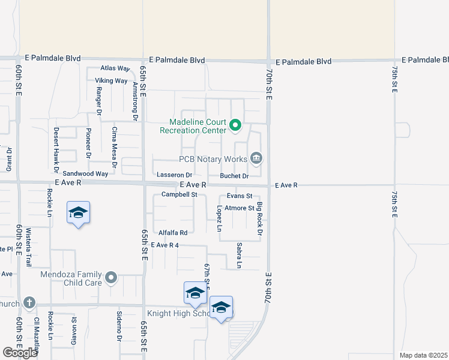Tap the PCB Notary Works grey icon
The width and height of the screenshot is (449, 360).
pos(256,158)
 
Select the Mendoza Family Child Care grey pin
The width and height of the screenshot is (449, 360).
pos(110,277)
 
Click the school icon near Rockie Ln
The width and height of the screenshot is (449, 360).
pos(78,213)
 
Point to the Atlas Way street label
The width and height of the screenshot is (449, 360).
pos(116,68)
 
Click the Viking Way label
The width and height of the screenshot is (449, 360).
pos(111,80)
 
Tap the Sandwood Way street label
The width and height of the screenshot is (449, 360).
pos(89,173)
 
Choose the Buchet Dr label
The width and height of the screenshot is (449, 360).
pos(234,176)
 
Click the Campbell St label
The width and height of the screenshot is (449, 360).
pos(179,194)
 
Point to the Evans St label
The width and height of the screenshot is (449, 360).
pos(239,196)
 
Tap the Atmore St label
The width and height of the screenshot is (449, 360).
pos(239,208)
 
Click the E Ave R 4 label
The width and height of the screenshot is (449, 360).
pos(165,245)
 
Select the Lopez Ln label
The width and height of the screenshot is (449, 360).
pos(220,219)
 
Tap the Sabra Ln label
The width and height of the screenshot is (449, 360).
pos(239,255)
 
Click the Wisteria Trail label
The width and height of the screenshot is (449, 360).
pos(28,247)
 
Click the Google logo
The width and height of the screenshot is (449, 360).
pos(20,353)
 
